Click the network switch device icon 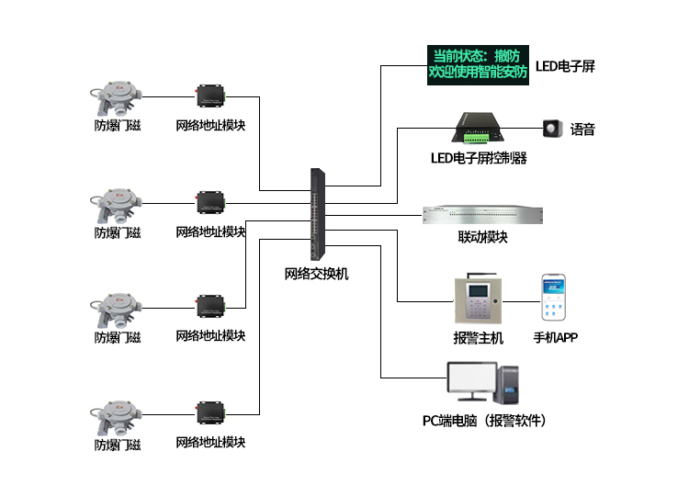[x=318, y=214]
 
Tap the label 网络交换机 [x=316, y=274]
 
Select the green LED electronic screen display [x=478, y=65]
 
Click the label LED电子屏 [x=565, y=66]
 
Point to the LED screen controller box [x=477, y=129]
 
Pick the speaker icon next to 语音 [x=552, y=129]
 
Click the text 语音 [x=582, y=130]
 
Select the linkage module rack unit [x=482, y=215]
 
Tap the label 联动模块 [x=482, y=237]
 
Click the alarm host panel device [x=478, y=299]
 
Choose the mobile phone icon [x=554, y=298]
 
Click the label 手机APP [x=556, y=337]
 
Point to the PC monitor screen [x=472, y=378]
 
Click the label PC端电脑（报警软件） [x=484, y=421]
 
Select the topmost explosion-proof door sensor [x=117, y=98]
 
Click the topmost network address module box [x=210, y=96]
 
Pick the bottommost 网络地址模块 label [x=210, y=443]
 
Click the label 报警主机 [x=478, y=338]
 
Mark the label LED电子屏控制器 [x=479, y=158]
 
